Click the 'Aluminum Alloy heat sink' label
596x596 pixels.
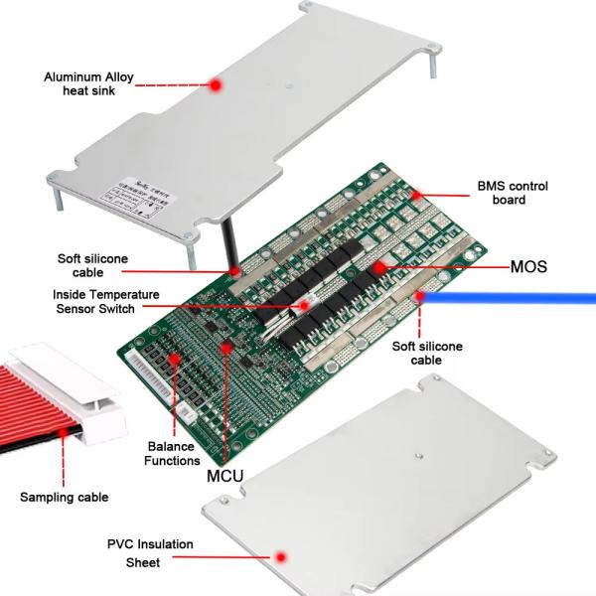(x=88, y=84)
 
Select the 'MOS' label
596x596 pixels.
(x=528, y=267)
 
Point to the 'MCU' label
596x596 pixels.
(x=225, y=476)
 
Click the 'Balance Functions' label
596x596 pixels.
(x=172, y=454)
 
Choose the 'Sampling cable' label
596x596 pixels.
(x=65, y=497)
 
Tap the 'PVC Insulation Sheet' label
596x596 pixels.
(x=150, y=552)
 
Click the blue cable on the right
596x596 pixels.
(x=517, y=295)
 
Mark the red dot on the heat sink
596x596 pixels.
(x=215, y=86)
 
